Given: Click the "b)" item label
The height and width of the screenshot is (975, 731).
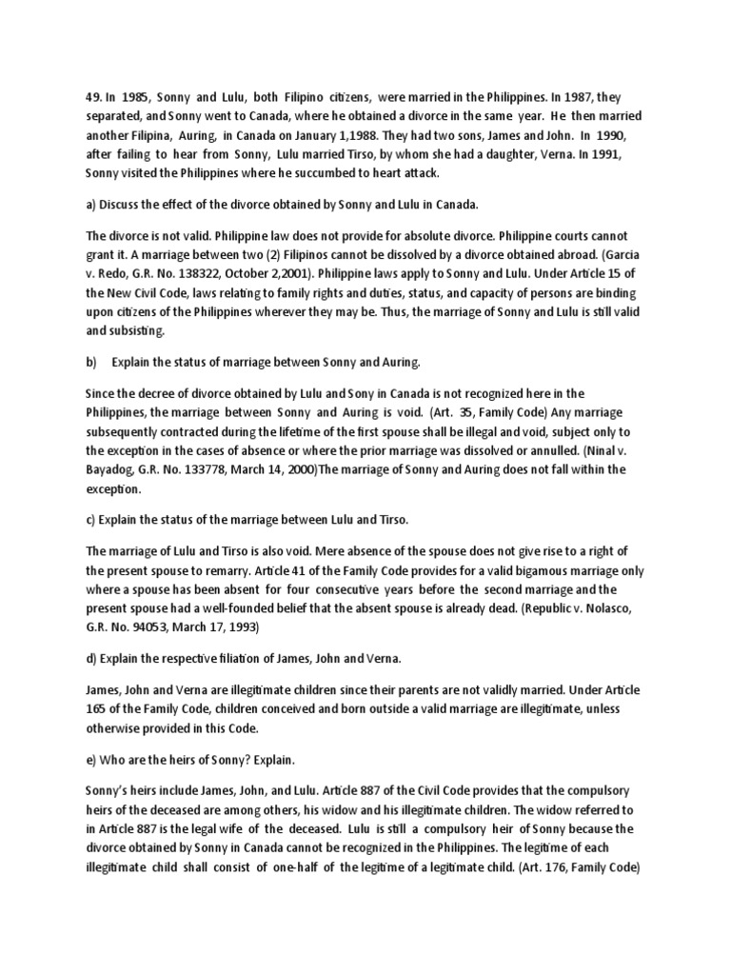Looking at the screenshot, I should (91, 363).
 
